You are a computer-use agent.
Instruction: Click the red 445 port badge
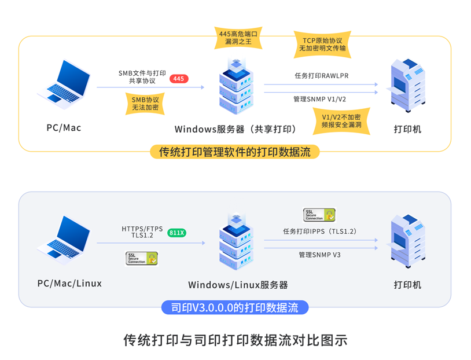pos(179,79)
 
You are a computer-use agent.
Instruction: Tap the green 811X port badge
pos(176,233)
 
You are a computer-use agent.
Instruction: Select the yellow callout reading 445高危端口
pos(238,38)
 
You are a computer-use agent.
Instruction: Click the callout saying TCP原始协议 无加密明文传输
pos(322,44)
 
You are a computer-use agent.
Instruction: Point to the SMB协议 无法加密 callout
pos(145,104)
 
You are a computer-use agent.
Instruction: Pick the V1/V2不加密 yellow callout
pos(341,121)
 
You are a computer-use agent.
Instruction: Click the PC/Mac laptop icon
pos(64,85)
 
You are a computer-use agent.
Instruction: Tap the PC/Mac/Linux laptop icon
pos(64,240)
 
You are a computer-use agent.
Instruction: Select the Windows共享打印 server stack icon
pos(237,87)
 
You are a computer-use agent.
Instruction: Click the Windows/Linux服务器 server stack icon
pos(237,242)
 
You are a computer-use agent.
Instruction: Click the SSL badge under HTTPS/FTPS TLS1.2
pos(142,259)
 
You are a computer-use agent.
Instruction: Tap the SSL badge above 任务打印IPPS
pos(319,215)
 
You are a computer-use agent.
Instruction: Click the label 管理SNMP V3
pos(319,255)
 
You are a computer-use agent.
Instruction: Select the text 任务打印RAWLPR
pos(321,76)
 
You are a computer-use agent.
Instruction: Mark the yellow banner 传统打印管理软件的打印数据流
pos(234,152)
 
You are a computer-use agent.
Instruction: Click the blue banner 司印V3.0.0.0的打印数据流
pos(235,307)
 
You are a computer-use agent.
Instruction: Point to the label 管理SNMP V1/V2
pos(319,99)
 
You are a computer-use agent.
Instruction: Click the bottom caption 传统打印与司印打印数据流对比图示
pos(235,340)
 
